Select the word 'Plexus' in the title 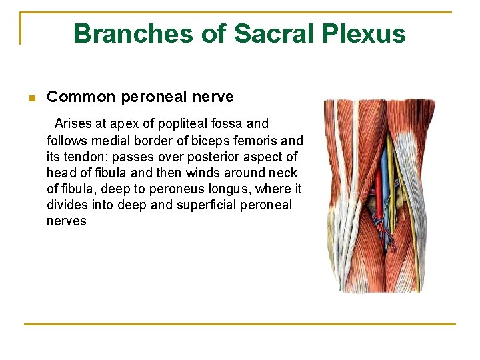[365, 33]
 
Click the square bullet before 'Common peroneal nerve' [31, 99]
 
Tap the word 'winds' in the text [195, 173]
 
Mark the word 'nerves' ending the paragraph [67, 221]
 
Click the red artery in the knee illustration [378, 193]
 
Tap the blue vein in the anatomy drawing [385, 173]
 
